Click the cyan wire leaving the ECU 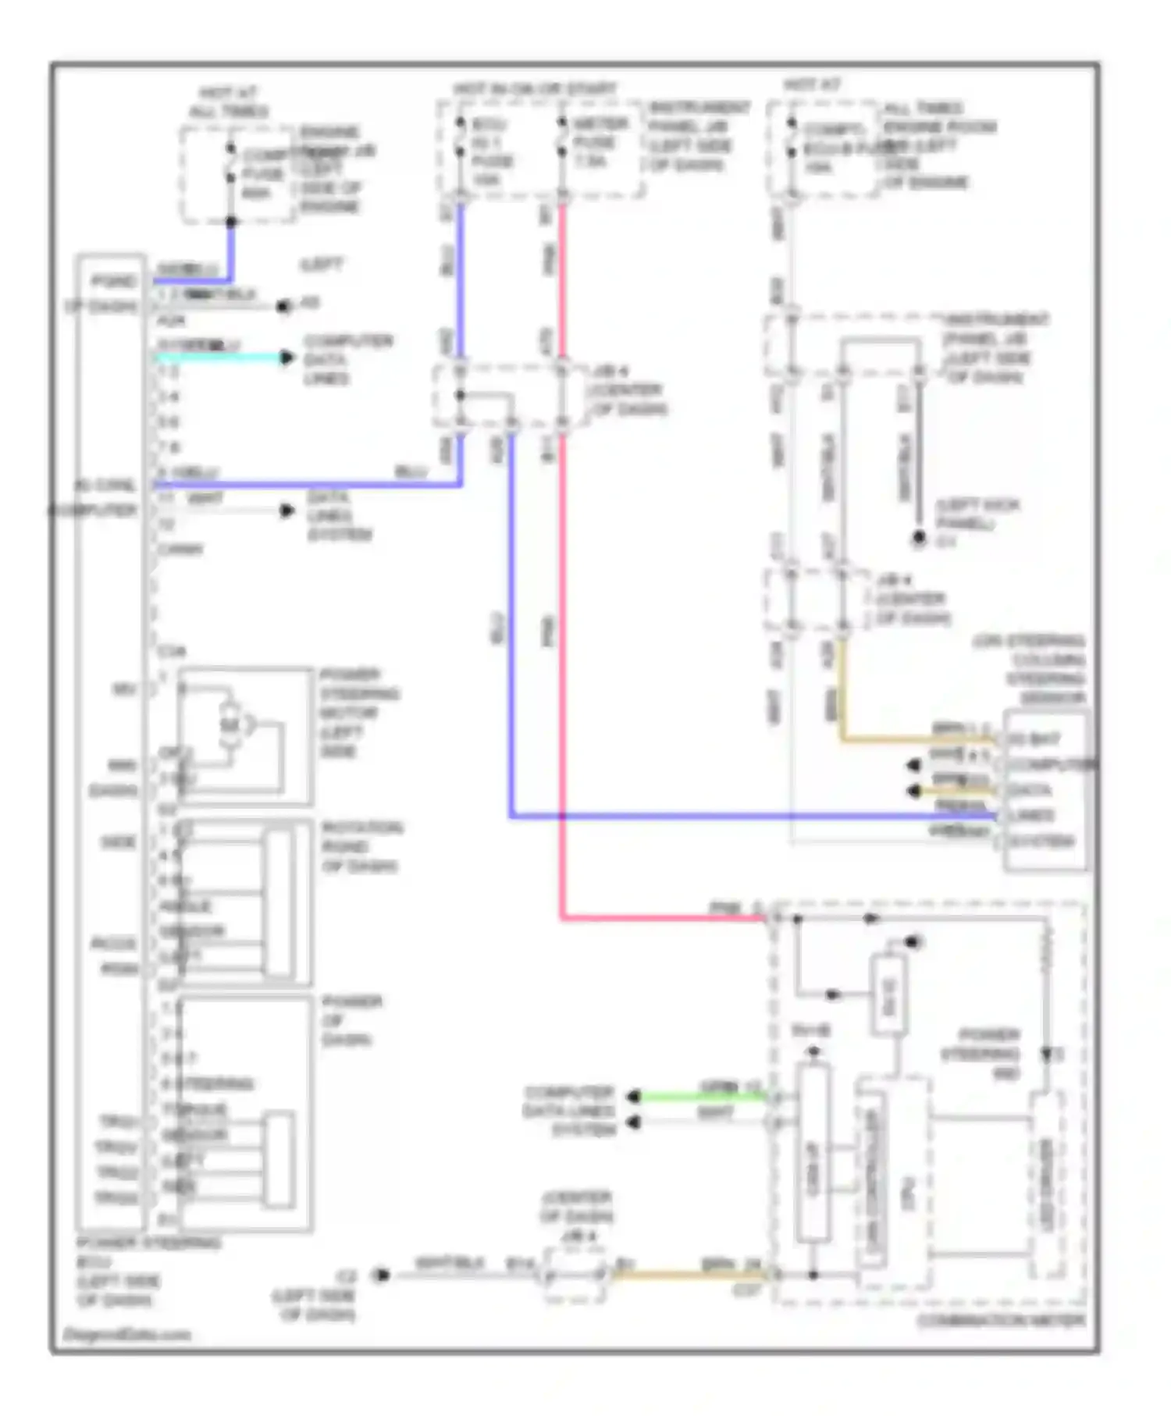219,358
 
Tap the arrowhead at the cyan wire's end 287,358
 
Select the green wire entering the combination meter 703,1097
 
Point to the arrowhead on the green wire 634,1097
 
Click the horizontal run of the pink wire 664,919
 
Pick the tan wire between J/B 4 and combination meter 687,1275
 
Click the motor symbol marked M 230,726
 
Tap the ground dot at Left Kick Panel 919,538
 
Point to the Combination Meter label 1001,1322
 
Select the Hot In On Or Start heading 535,89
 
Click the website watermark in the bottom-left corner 126,1334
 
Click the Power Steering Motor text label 359,712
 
